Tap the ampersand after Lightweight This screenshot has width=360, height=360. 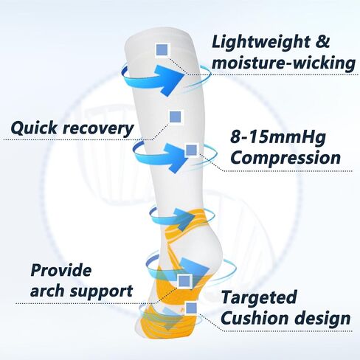[x=324, y=41]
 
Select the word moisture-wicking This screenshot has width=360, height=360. [x=283, y=63]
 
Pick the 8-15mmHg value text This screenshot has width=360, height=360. [x=278, y=138]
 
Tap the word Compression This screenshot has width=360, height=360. [x=285, y=158]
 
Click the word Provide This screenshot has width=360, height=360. [x=60, y=271]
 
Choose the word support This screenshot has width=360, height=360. [x=101, y=292]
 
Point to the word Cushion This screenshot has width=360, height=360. [x=255, y=318]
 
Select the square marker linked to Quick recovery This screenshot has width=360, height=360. [x=176, y=117]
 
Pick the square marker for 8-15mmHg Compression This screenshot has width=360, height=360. [x=192, y=150]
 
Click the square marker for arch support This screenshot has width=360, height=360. [x=184, y=281]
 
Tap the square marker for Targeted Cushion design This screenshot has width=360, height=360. [x=191, y=308]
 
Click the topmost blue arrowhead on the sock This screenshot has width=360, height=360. [x=170, y=77]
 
